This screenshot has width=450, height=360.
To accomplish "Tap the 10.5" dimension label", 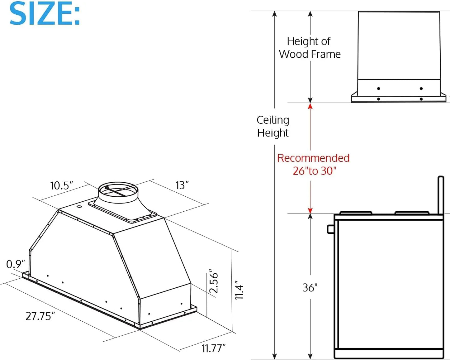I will click(61, 185).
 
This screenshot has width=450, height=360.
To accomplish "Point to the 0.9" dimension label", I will click(15, 264).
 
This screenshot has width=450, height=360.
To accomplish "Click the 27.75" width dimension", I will click(40, 316).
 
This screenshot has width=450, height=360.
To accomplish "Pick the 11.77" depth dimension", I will click(213, 348).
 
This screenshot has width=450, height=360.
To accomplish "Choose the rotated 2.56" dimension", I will click(213, 281).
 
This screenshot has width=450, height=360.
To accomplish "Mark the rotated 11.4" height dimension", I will click(239, 290).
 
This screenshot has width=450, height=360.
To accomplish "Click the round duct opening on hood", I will click(118, 191).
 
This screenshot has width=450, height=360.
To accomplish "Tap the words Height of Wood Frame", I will click(310, 48).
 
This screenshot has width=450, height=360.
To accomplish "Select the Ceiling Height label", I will click(273, 126).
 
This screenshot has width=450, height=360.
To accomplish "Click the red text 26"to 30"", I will click(315, 171).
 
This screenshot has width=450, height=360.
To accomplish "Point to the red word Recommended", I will click(313, 158).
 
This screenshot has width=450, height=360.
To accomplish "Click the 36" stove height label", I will click(310, 287).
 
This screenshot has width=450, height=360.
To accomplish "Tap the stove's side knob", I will click(330, 229).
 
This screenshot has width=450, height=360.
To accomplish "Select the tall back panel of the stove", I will click(441, 195).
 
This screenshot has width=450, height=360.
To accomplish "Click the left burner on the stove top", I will click(356, 213).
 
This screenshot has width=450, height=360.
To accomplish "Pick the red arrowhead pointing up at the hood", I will click(310, 106).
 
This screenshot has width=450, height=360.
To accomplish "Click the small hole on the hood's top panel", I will click(79, 206).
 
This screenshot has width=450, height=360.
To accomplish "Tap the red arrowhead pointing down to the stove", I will click(310, 210).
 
